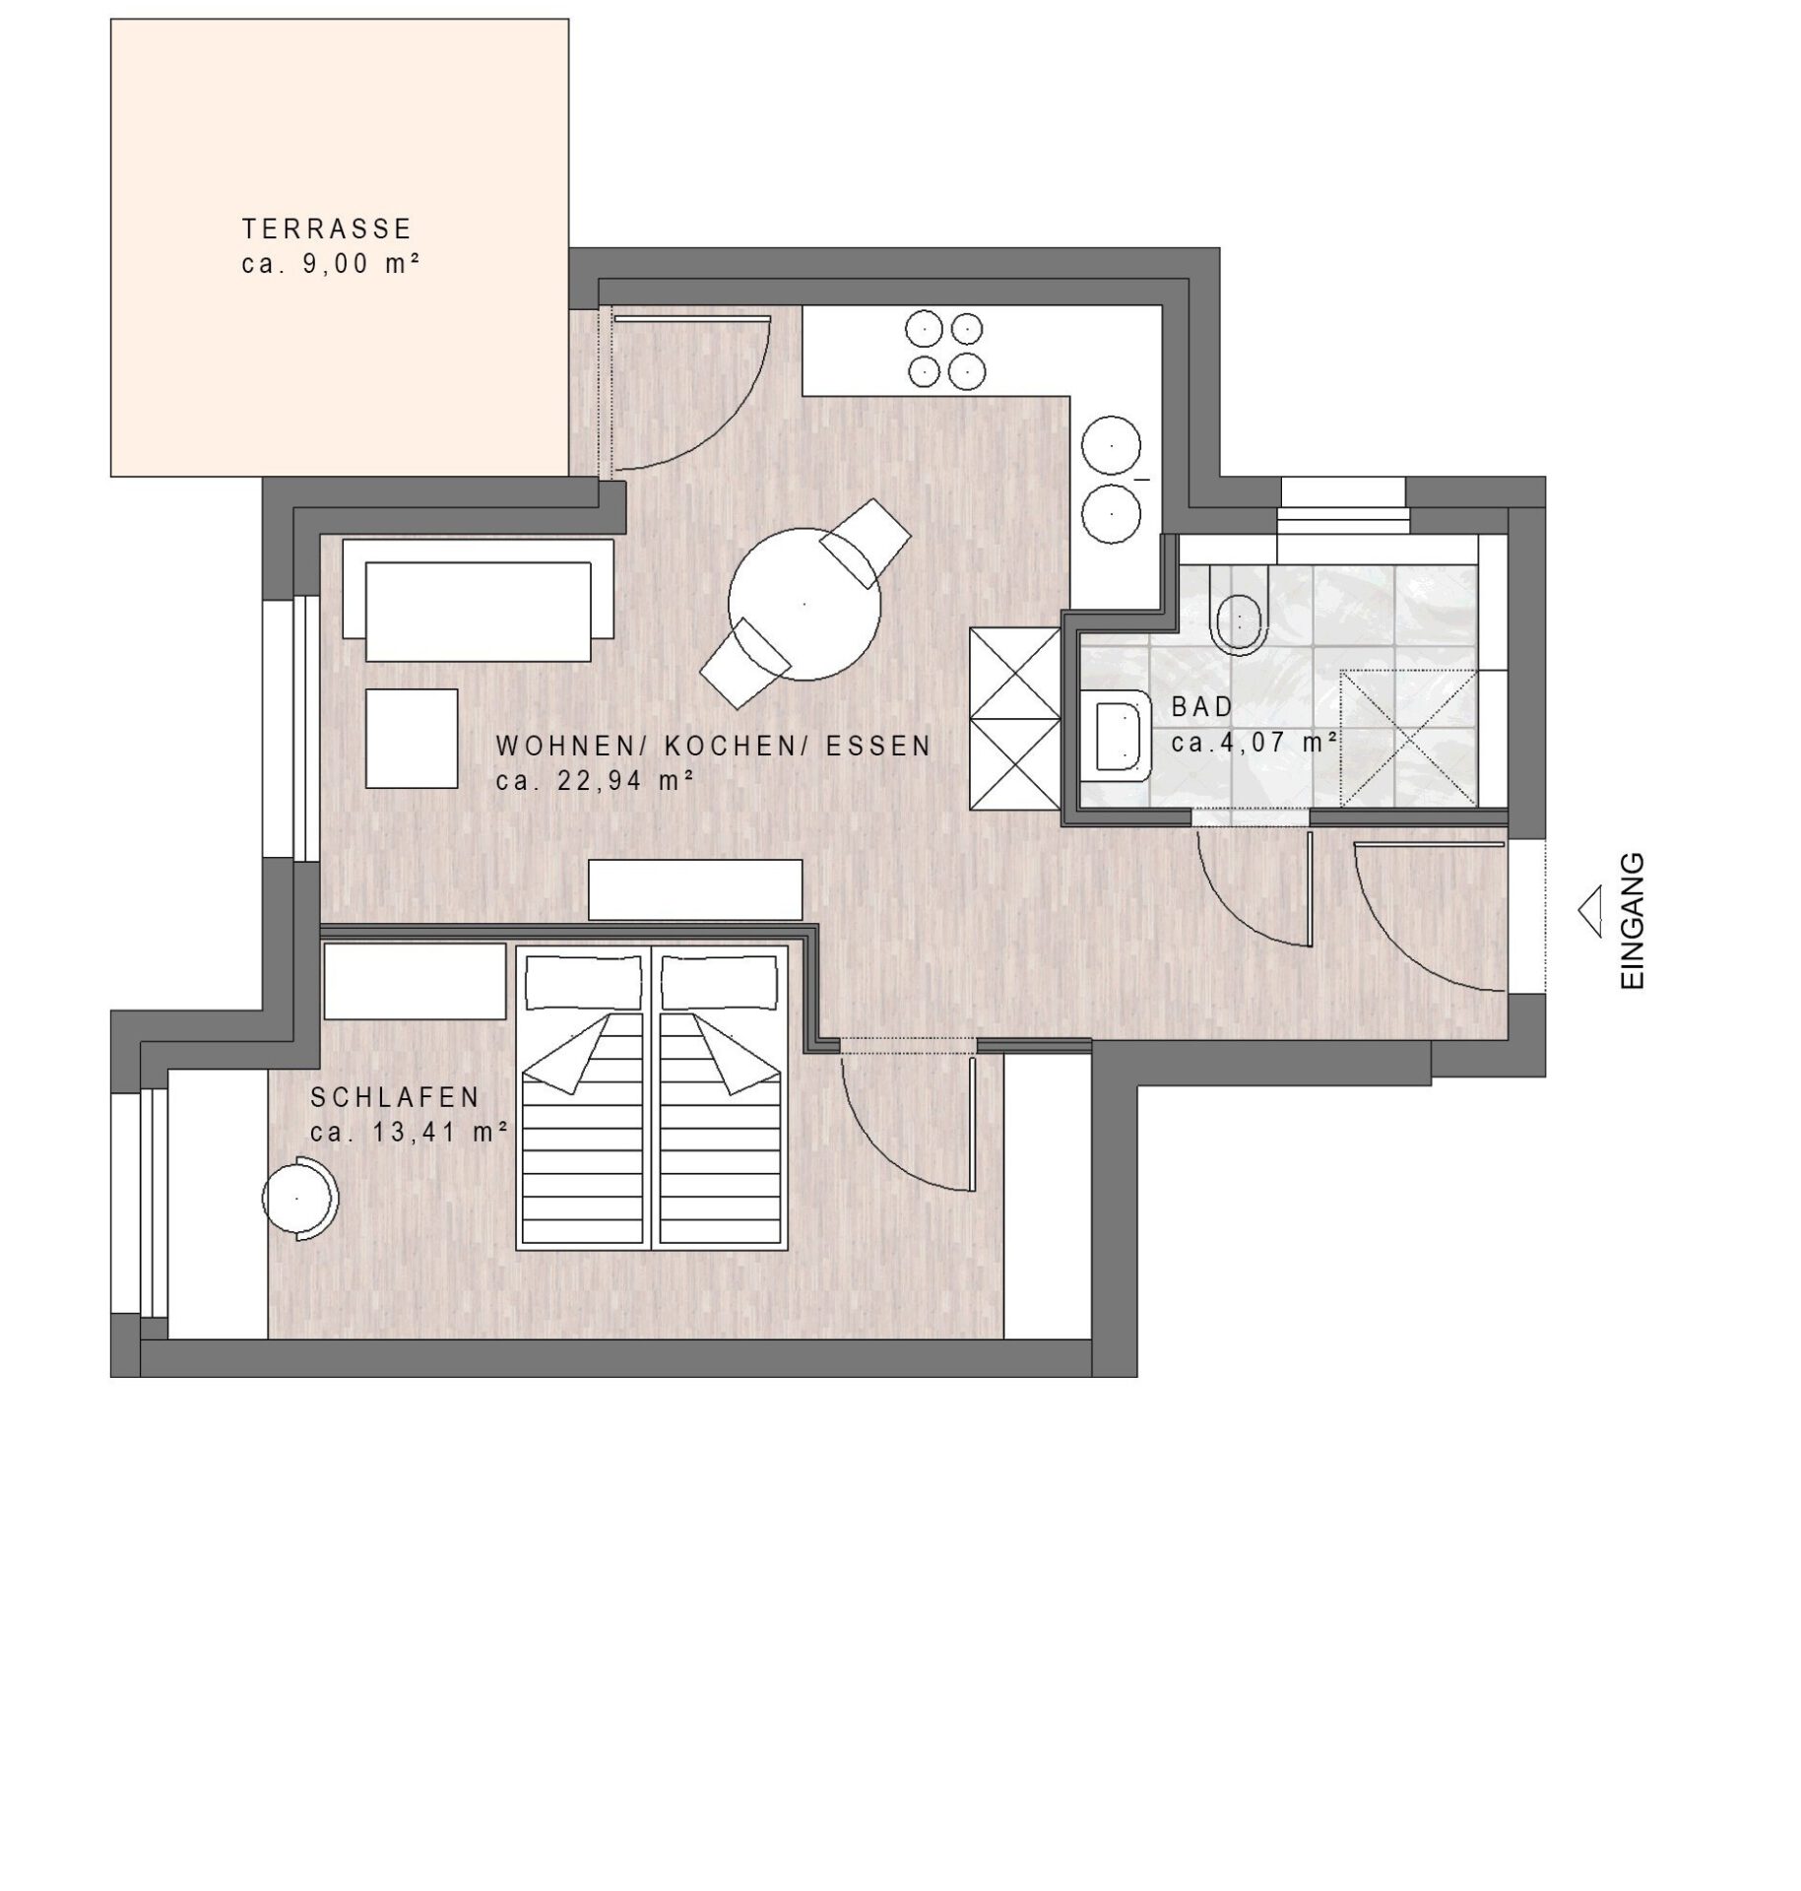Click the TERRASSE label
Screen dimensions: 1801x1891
tap(326, 228)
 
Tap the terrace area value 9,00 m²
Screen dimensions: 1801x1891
tap(354, 264)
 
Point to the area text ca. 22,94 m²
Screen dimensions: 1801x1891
tap(595, 781)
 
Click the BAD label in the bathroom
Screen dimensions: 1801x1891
tap(1201, 706)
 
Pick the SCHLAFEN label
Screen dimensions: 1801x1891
tap(395, 1097)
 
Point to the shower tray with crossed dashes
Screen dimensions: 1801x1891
tap(1409, 738)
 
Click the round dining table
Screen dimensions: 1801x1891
tap(804, 604)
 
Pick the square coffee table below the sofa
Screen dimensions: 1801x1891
tap(412, 738)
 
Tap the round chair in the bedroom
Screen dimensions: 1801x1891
tap(300, 1198)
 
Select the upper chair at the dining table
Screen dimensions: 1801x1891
tap(867, 541)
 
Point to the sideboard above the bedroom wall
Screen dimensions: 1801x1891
tap(695, 890)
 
